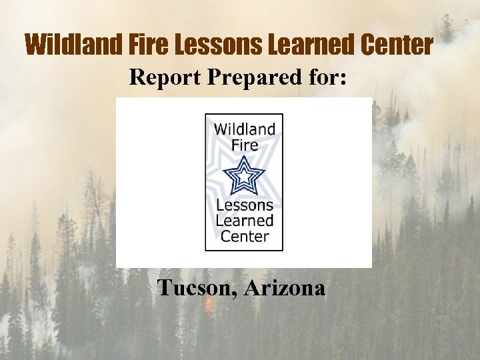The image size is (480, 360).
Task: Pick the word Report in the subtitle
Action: coord(165,77)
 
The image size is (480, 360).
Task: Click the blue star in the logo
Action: coord(244,177)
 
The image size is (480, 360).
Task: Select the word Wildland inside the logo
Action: coord(244,129)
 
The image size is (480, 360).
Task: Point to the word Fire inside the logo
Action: coord(244,144)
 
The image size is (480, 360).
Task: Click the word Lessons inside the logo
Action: coord(244,205)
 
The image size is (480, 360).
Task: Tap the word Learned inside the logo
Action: coord(244,221)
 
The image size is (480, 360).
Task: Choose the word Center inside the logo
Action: coord(244,236)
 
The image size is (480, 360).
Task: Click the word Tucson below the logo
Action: coord(195,288)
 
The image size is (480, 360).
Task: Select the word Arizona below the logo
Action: coord(285,288)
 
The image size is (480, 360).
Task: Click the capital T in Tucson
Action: coord(163,288)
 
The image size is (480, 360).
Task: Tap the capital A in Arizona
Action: coord(253,288)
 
